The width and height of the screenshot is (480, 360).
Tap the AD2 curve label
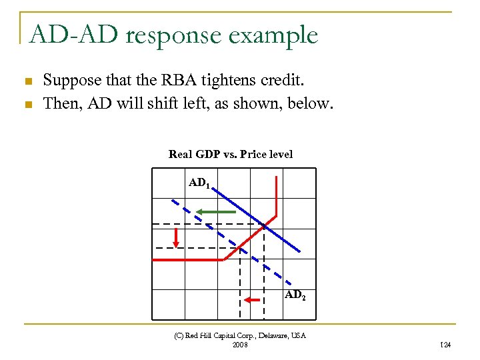tap(295, 295)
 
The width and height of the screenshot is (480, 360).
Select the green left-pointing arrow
tap(215, 212)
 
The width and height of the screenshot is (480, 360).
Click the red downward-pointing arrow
tap(177, 237)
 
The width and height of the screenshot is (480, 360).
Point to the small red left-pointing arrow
tap(251, 301)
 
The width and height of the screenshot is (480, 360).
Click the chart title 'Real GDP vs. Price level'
tap(231, 155)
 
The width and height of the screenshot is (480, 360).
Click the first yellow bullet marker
tap(28, 82)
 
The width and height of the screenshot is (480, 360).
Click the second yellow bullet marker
tap(28, 105)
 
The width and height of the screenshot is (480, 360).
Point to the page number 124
tap(446, 345)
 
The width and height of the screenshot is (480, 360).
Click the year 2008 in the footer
tap(240, 345)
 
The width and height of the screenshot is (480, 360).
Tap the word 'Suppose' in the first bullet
tap(68, 81)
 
